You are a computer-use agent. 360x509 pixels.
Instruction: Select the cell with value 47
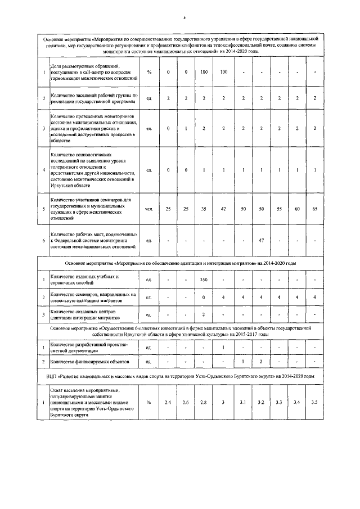click(x=261, y=240)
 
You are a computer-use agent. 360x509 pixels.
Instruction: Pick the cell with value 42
click(x=223, y=209)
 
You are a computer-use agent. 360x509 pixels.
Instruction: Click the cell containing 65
click(x=315, y=209)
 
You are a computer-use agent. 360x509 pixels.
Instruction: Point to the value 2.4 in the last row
click(x=168, y=402)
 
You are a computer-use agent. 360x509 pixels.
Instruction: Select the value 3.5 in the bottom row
click(x=315, y=402)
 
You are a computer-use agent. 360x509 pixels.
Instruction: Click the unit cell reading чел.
click(x=149, y=209)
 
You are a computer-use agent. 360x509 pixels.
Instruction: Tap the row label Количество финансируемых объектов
click(x=90, y=361)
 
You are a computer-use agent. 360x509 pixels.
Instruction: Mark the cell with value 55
click(x=279, y=209)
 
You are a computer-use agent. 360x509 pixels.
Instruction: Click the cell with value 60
click(x=298, y=209)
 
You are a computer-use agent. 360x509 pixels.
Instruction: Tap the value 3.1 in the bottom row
click(x=242, y=402)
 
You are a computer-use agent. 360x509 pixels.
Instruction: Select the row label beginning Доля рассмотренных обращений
click(x=90, y=72)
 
